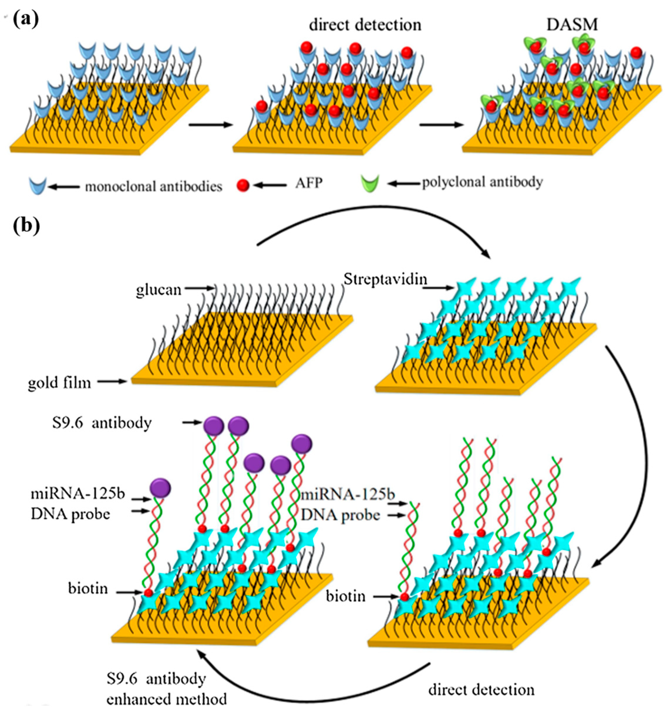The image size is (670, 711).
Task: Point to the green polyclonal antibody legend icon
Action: (x=370, y=184)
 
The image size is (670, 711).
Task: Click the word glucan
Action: (x=159, y=289)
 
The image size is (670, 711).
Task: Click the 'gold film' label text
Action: (x=59, y=383)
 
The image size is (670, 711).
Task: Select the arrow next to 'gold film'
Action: (x=112, y=382)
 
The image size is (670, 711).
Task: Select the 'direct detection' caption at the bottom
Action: (x=481, y=690)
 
